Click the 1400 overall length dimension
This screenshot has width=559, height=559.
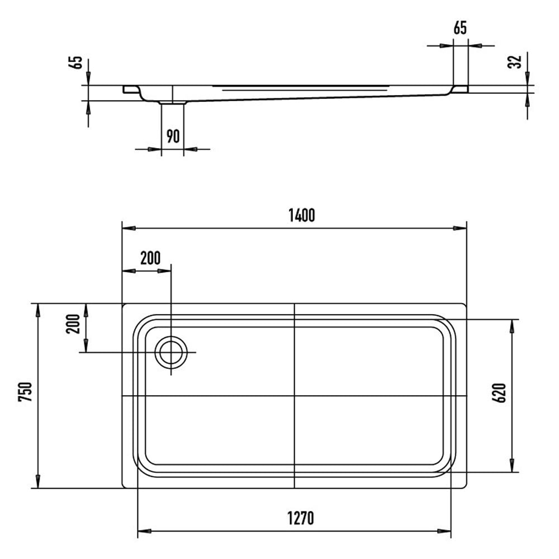(x=302, y=215)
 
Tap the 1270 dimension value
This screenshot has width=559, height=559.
(x=301, y=518)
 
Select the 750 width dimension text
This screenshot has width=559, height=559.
(x=25, y=392)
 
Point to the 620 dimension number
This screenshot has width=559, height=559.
(x=499, y=393)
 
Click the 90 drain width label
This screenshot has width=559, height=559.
(x=173, y=136)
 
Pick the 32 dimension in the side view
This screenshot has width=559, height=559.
(x=514, y=62)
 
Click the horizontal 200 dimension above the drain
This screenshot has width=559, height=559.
(x=150, y=258)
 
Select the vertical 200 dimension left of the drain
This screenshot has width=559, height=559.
(x=73, y=324)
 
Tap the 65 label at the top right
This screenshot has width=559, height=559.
(x=460, y=28)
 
